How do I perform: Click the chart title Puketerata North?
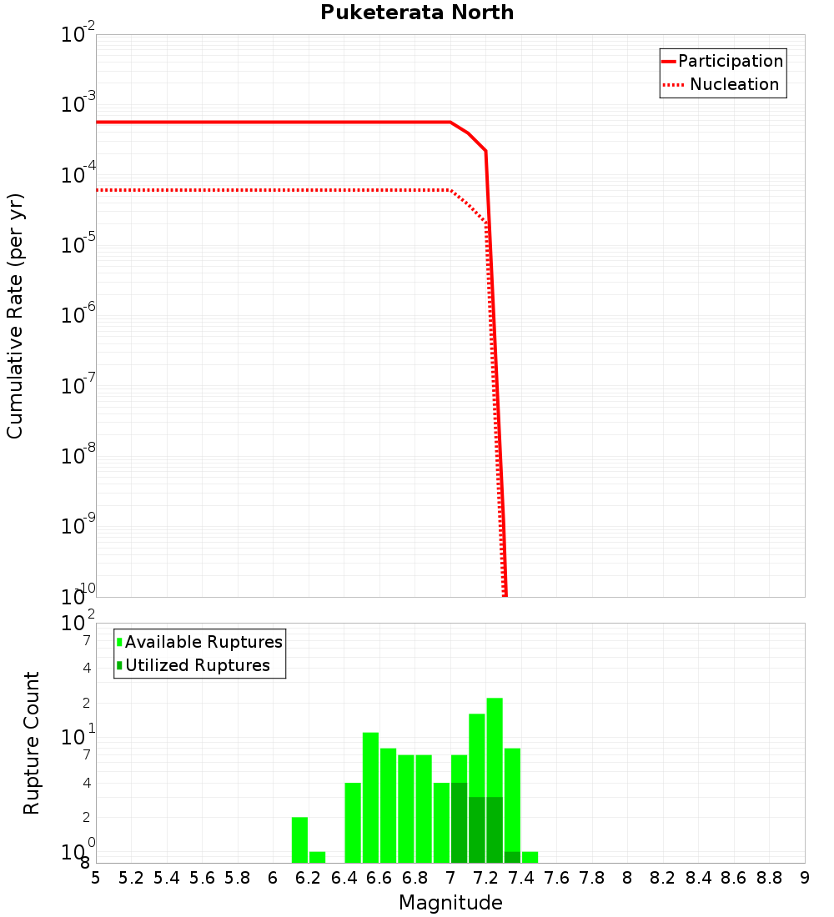click(x=417, y=13)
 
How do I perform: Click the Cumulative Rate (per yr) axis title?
click(x=15, y=316)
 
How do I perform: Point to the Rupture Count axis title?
click(x=32, y=743)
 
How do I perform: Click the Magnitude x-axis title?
click(x=450, y=903)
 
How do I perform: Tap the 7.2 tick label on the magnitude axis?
click(x=485, y=879)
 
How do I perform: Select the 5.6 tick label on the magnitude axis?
click(x=202, y=879)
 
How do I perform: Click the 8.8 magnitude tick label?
click(x=769, y=879)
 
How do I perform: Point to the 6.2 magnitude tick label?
click(x=309, y=879)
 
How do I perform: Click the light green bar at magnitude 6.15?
click(x=299, y=839)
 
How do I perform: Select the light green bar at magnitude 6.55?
click(x=370, y=797)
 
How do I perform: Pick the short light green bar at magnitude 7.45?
click(x=530, y=857)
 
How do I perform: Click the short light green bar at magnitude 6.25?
click(x=317, y=857)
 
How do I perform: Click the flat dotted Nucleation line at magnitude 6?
click(x=273, y=190)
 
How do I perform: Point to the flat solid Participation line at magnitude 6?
click(x=273, y=123)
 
